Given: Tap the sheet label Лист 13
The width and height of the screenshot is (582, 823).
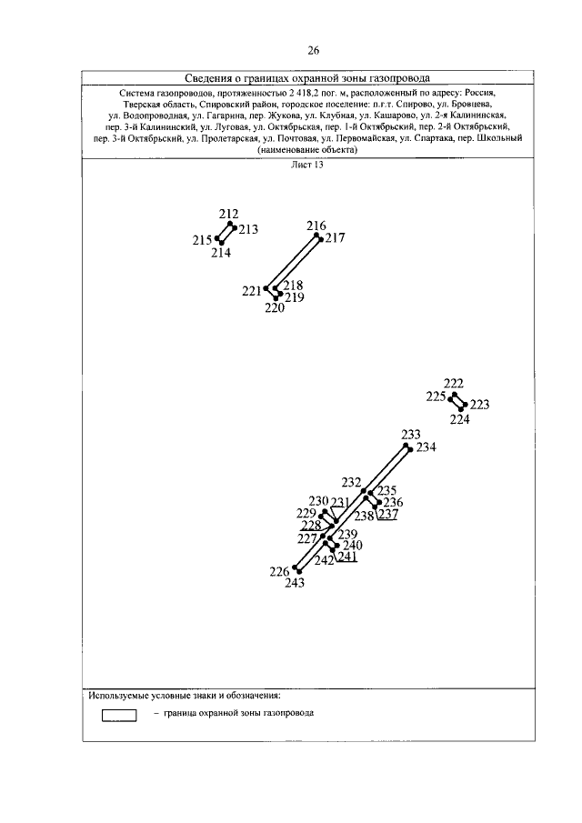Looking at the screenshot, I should [307, 166].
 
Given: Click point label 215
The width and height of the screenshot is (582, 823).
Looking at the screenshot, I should [202, 240].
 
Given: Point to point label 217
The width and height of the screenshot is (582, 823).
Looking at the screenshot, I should [336, 239].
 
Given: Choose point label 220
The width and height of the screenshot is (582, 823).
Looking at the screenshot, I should [275, 308].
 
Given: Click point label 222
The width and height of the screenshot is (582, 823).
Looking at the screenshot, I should [453, 383].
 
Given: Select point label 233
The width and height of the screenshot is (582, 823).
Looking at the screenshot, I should [411, 435].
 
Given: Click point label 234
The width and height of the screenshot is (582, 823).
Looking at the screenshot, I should [426, 447].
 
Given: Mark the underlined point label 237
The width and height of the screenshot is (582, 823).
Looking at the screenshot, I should [388, 515].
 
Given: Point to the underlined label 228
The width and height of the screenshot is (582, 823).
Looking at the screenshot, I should [311, 526].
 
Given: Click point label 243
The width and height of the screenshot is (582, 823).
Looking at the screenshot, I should [295, 584].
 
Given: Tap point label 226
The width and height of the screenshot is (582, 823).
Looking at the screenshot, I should [279, 571].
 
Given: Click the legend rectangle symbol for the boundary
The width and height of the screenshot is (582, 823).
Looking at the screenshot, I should [118, 716].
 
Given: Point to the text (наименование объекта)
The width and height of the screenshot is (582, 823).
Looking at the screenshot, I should [307, 150].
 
